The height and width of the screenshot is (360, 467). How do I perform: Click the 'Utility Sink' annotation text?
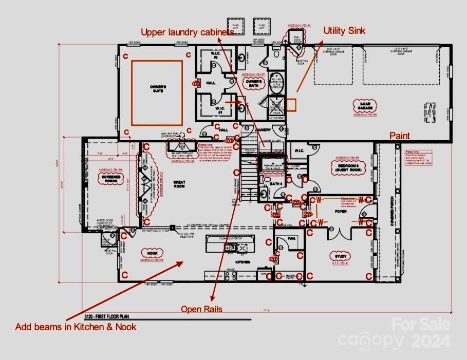tap(344, 31)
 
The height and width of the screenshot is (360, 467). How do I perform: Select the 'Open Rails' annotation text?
tap(201, 309)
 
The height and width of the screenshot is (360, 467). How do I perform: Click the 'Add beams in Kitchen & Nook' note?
tap(76, 326)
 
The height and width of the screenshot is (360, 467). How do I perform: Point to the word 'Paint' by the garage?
tap(399, 136)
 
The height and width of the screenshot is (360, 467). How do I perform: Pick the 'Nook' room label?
tap(151, 253)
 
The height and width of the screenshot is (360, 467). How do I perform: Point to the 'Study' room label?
tap(341, 256)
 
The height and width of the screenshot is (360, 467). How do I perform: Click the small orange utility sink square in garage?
tap(291, 104)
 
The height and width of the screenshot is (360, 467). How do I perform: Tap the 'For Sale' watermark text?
tap(421, 324)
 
